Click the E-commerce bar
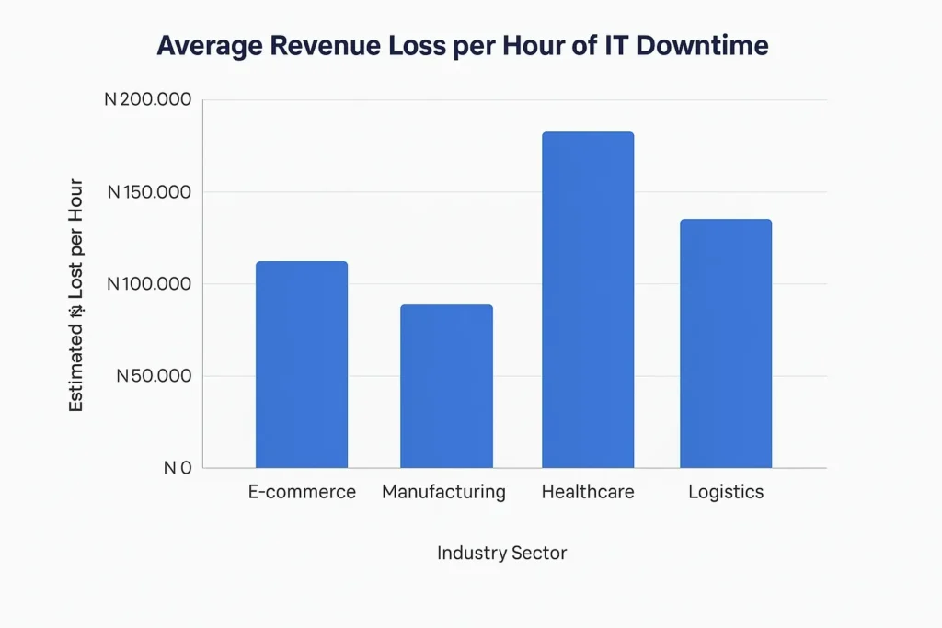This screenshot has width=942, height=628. (302, 365)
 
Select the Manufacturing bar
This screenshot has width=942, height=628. (446, 386)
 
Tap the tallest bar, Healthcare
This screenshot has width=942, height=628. (588, 300)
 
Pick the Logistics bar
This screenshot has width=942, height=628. (726, 343)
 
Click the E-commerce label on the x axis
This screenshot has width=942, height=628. (302, 492)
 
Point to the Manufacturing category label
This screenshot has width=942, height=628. (443, 492)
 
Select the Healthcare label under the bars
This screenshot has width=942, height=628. (588, 492)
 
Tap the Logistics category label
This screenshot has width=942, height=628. (726, 492)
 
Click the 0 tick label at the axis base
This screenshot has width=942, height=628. (178, 468)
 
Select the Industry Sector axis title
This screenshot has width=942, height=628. (502, 553)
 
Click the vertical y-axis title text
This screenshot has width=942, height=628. (76, 294)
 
